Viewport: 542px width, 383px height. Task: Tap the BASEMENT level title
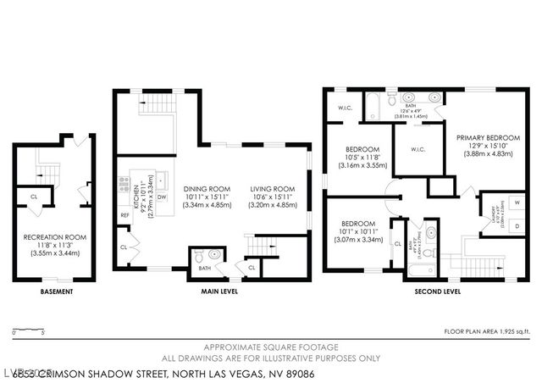coord(56,291)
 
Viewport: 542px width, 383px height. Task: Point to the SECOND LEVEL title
coord(437,291)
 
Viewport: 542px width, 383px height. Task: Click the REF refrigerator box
coord(124,215)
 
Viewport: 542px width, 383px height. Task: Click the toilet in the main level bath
coord(198,255)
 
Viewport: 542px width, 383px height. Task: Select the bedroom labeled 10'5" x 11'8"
coord(362,158)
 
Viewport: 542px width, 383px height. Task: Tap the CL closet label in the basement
coord(34,196)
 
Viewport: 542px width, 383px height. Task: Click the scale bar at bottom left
coord(30,330)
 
